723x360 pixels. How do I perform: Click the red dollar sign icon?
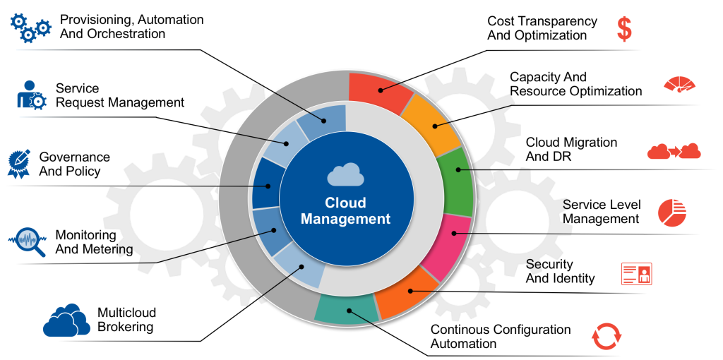tap(624, 29)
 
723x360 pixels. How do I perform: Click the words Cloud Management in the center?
tap(345, 210)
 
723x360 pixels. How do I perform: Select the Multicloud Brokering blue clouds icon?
tap(66, 320)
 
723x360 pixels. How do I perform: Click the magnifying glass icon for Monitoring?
tap(27, 241)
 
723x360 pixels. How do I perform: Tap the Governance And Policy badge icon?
tap(20, 163)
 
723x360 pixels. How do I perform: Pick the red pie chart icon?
tap(672, 212)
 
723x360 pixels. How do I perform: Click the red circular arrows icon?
tap(606, 336)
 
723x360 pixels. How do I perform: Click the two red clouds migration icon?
tap(674, 151)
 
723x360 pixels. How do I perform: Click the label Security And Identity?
tap(560, 271)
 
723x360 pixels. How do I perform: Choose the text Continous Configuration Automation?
tap(500, 337)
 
